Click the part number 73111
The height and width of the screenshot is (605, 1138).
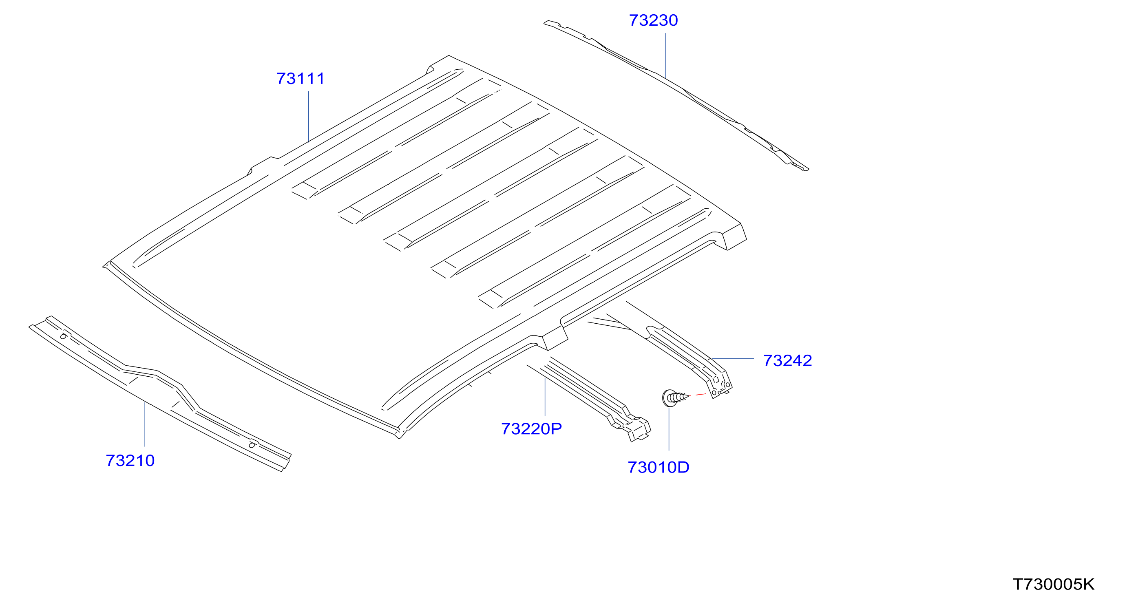click(301, 79)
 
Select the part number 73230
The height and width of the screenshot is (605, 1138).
click(653, 20)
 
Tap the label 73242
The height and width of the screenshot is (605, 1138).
click(788, 361)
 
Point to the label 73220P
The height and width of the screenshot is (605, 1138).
click(531, 429)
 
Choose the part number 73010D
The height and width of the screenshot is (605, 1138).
click(658, 467)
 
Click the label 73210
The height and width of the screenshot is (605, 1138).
click(130, 461)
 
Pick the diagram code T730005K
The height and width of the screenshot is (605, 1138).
click(1054, 584)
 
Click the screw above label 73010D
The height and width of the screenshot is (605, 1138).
click(676, 397)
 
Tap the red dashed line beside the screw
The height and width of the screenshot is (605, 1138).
click(700, 394)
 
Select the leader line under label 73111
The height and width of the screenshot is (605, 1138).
click(308, 117)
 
